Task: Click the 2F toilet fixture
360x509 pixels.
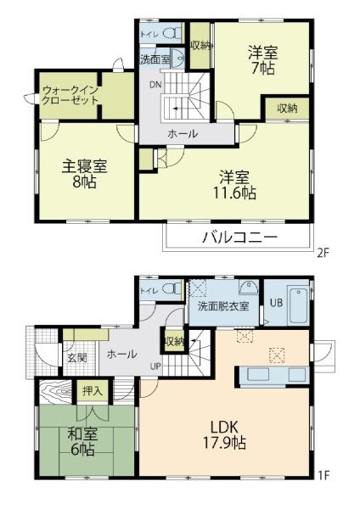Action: (x=172, y=33)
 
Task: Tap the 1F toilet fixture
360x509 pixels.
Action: (x=172, y=288)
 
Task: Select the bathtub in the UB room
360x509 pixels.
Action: (x=299, y=305)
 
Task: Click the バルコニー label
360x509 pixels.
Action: (x=240, y=238)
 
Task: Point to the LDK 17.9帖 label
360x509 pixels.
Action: (x=224, y=434)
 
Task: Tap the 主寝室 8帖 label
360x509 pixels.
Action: (x=84, y=175)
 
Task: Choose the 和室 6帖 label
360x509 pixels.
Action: (x=82, y=442)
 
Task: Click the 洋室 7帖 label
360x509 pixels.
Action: (x=263, y=61)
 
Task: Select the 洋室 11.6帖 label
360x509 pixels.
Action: (x=234, y=185)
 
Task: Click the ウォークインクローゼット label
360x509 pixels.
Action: (x=70, y=95)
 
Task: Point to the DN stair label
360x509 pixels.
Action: (x=155, y=85)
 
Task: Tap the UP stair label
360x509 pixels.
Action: (x=155, y=366)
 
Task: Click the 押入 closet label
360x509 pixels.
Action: (x=93, y=391)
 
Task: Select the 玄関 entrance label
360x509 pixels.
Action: (x=77, y=358)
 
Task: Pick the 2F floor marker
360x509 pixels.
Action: (x=323, y=252)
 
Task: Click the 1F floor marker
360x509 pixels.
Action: (x=324, y=476)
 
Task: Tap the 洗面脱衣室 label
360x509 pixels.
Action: (x=223, y=306)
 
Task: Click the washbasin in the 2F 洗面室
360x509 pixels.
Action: (x=177, y=59)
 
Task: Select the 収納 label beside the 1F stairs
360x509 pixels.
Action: (x=174, y=341)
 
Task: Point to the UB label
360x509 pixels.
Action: (x=276, y=303)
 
